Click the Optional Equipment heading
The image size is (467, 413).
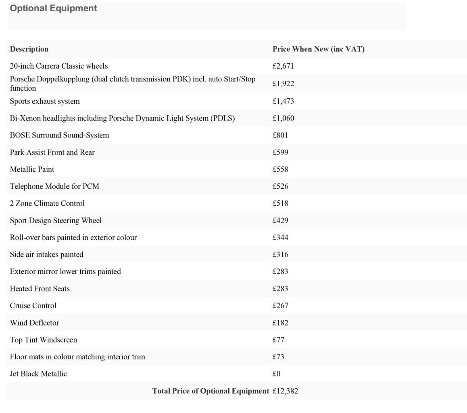(53, 8)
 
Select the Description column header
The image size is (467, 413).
(29, 49)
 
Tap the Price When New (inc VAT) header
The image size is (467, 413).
(318, 49)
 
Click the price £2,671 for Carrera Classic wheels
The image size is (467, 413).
(283, 66)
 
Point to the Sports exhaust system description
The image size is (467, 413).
(45, 101)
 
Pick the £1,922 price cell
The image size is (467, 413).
(283, 84)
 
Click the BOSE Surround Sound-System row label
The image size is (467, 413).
(59, 135)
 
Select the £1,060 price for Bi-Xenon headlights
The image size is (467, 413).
(283, 118)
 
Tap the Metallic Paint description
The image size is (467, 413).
(32, 169)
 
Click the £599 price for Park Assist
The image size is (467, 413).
(280, 152)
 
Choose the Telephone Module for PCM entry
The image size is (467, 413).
(54, 186)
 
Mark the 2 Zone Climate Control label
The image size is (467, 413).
(47, 203)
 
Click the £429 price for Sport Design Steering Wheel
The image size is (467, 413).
(280, 221)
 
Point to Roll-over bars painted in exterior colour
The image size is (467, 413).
(73, 238)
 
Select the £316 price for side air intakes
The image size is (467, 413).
(280, 254)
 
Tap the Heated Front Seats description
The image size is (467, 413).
(40, 289)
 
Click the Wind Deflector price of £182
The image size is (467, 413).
(280, 323)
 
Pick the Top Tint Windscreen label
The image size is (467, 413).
(43, 340)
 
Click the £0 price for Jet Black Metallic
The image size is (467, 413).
(276, 374)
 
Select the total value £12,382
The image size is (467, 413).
(285, 391)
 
